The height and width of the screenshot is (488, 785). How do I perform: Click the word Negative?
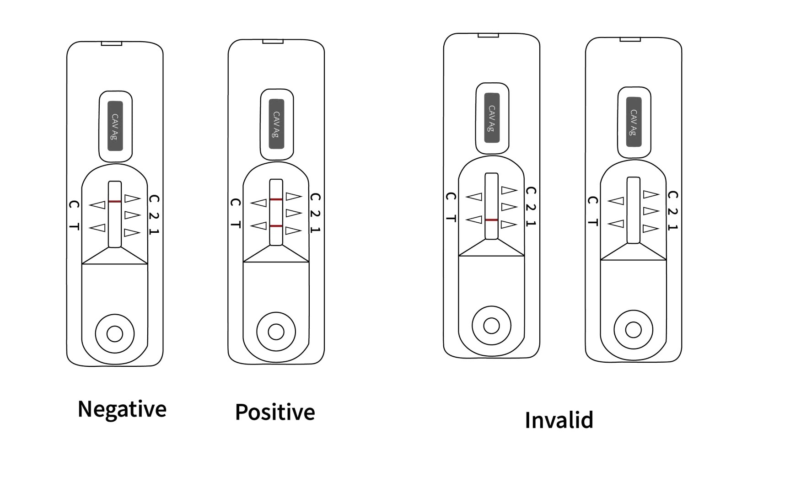122,409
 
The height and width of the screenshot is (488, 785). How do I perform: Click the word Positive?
275,412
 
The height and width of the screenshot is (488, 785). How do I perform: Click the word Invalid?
559,420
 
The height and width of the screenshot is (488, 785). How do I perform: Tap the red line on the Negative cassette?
115,202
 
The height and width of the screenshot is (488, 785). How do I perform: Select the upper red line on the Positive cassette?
276,199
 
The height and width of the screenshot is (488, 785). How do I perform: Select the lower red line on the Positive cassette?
276,226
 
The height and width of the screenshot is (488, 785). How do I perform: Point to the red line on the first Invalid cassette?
491,220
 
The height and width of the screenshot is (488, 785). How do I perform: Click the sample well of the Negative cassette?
115,333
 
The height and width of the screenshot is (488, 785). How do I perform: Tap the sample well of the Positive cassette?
276,332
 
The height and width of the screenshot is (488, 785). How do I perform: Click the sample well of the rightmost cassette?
633,329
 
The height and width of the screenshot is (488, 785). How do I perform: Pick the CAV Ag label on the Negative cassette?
115,126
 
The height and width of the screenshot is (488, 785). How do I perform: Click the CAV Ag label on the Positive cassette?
276,124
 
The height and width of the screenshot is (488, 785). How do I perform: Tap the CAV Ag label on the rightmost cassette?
634,122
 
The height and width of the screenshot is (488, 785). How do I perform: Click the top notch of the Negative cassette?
111,43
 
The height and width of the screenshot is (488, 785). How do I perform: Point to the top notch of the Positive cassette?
273,42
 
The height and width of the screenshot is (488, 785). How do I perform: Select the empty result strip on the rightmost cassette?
633,210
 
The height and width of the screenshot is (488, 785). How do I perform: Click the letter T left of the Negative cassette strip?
74,226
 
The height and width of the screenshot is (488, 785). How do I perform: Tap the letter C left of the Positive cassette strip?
235,203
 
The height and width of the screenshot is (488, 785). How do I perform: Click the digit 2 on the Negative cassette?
154,215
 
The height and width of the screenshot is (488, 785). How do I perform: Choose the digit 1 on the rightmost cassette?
672,227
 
